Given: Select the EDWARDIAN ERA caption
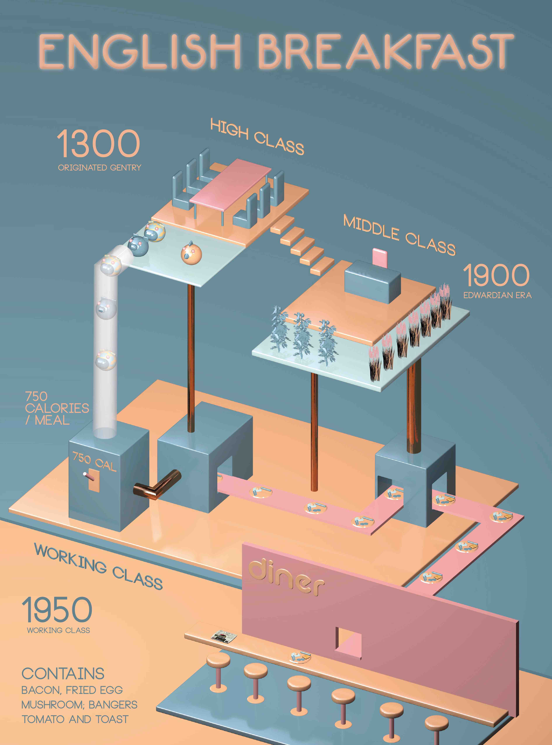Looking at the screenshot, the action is (x=497, y=295).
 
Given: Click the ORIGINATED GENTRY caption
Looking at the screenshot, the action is (x=100, y=167).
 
